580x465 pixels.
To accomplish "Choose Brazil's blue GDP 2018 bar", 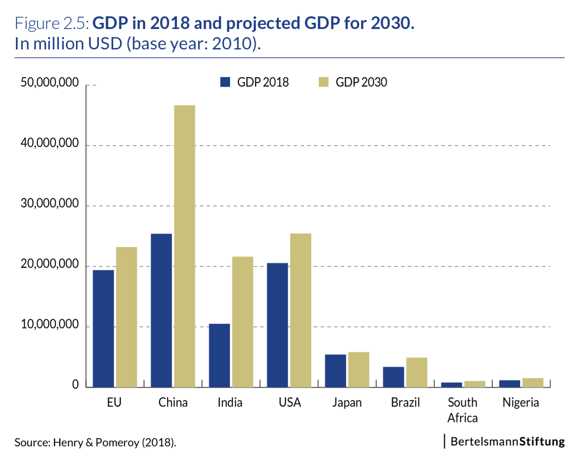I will [x=393, y=377].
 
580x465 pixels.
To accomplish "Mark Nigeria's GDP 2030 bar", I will [x=533, y=383].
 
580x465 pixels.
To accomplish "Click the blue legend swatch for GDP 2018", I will [x=225, y=82].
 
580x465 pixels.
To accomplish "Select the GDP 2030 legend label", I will [x=361, y=82].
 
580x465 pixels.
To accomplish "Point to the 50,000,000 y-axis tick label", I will [x=50, y=82].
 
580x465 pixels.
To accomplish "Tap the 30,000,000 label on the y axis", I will [x=50, y=203].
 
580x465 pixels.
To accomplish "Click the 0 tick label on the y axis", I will [x=75, y=385].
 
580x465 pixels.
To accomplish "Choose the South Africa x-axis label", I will [x=462, y=410].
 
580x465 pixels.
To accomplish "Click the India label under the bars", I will [x=230, y=402].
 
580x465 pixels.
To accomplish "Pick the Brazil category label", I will [x=405, y=402].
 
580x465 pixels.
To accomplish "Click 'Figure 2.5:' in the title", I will [x=52, y=23].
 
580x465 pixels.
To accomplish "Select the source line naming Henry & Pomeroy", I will [x=95, y=442].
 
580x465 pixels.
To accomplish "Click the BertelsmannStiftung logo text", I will [x=507, y=441].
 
